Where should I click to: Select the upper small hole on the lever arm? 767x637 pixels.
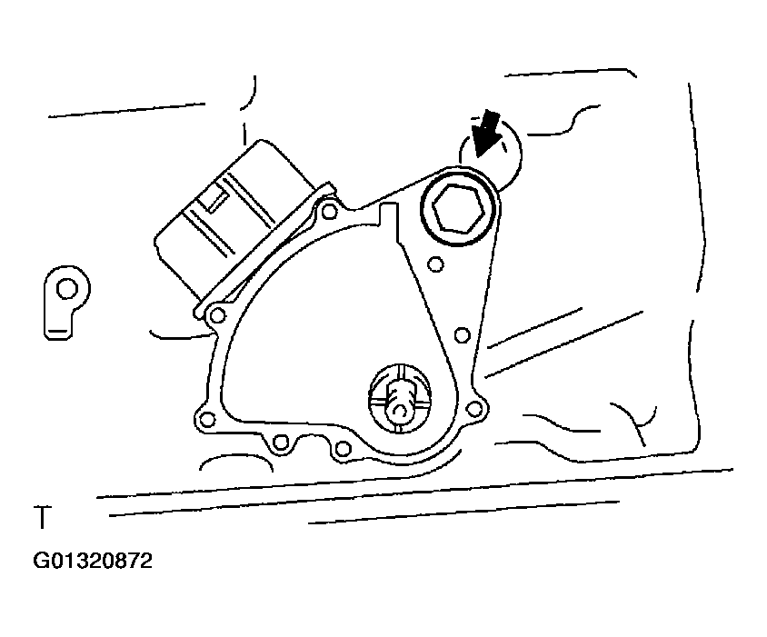(x=435, y=264)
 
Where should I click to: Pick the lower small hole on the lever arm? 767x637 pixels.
(x=462, y=335)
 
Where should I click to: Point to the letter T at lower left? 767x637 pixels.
(x=42, y=517)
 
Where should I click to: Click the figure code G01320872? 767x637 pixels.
(x=93, y=561)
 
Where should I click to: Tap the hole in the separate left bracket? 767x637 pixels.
(x=67, y=289)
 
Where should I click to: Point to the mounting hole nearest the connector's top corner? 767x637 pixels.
(x=330, y=212)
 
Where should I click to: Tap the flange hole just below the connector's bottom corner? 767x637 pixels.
(x=217, y=316)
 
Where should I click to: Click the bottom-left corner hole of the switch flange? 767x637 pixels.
(x=207, y=420)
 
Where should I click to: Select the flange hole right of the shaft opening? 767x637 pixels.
(x=473, y=409)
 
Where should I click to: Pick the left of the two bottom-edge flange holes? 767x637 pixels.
(x=280, y=443)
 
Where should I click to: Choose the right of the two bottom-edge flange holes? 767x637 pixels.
(x=343, y=448)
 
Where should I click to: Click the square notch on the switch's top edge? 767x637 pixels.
(x=390, y=215)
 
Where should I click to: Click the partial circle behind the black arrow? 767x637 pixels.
(x=519, y=155)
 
